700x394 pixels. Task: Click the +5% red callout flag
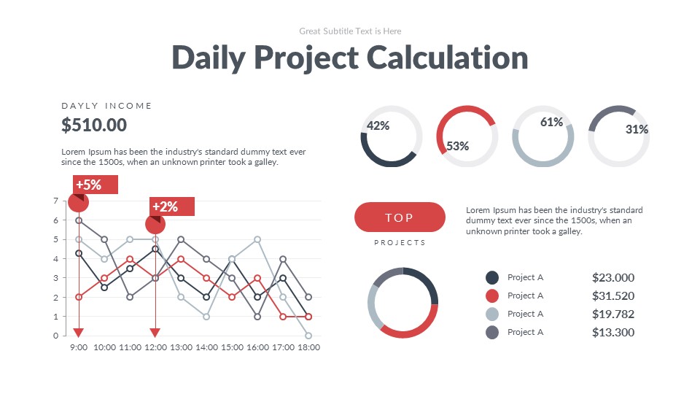[x=95, y=185]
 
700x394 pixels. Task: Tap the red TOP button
[x=400, y=217]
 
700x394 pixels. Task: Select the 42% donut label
[x=378, y=125]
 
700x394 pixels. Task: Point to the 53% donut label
[x=457, y=146]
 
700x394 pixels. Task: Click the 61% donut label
[x=551, y=123]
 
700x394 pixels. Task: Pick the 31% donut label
[x=637, y=129]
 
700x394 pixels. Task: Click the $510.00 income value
[x=94, y=125]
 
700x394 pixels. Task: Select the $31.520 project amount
[x=612, y=295]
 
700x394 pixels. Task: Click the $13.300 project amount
[x=612, y=332]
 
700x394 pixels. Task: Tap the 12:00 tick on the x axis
[x=155, y=348]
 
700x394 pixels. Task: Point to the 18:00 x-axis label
[x=308, y=348]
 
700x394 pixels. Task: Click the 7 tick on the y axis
[x=55, y=201]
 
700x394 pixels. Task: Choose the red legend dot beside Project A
[x=492, y=295]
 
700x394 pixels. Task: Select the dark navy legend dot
[x=492, y=277]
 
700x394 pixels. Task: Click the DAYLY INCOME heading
[x=106, y=106]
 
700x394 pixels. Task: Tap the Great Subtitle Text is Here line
[x=350, y=31]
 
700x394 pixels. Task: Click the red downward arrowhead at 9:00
[x=79, y=332]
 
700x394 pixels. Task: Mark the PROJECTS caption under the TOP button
[x=400, y=242]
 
